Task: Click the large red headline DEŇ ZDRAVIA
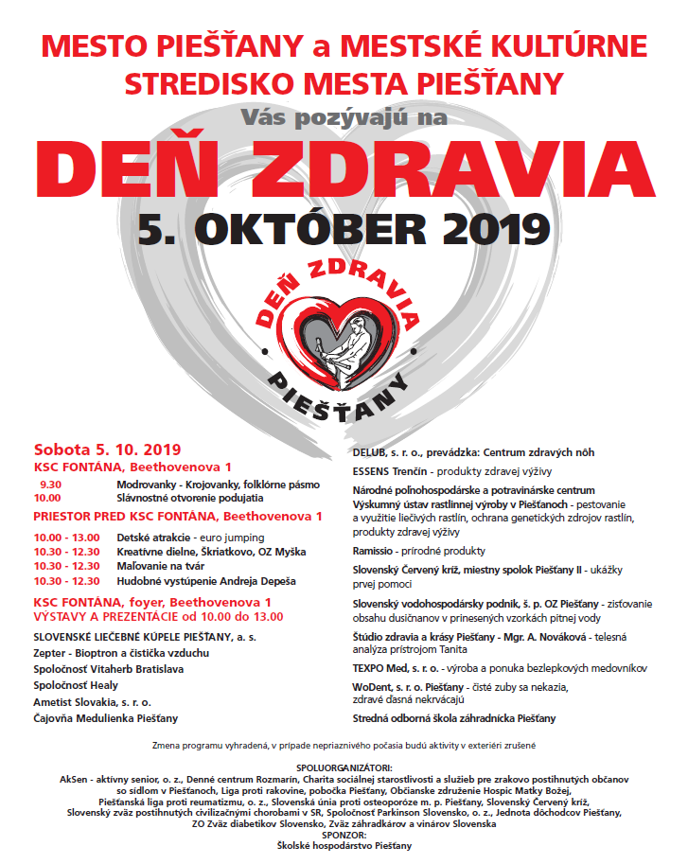(x=343, y=167)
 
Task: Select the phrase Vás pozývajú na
(x=344, y=117)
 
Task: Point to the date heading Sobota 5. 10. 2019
(x=107, y=450)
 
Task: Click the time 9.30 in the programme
(x=50, y=484)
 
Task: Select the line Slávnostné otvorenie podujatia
(x=190, y=497)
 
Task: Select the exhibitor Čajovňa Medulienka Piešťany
(x=105, y=719)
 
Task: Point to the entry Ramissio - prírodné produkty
(x=418, y=551)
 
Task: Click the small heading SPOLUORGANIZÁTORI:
(x=343, y=767)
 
